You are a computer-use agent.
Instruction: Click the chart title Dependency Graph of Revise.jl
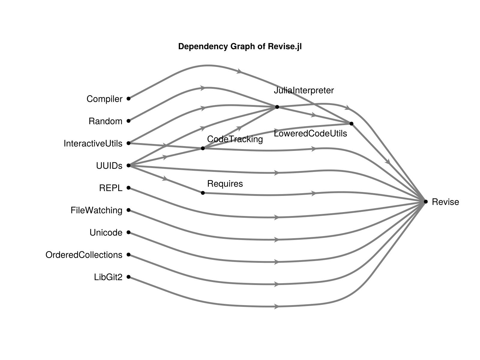pos(240,46)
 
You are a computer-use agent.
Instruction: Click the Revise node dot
pos(425,202)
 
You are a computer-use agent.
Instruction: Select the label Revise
pos(445,202)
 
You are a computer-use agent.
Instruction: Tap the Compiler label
pos(104,99)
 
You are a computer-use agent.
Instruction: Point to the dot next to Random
pos(128,121)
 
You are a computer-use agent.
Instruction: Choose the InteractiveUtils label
pos(93,144)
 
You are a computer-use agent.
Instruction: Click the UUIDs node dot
pos(128,165)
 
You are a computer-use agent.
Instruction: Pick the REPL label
pos(111,188)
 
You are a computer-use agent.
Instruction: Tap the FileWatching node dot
pos(128,210)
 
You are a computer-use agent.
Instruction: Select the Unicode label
pos(106,233)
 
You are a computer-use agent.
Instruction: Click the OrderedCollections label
pos(84,255)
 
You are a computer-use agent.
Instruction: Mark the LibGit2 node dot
pos(128,277)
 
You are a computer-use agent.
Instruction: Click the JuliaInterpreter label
pos(304,90)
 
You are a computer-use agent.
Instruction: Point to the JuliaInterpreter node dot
pos(277,107)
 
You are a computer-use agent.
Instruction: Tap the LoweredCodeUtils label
pos(310,133)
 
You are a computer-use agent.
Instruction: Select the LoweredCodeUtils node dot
pos(351,123)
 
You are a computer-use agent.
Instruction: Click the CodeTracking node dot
pos(202,148)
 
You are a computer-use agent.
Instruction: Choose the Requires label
pos(225,184)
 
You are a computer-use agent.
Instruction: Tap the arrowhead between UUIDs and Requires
pos(165,179)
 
